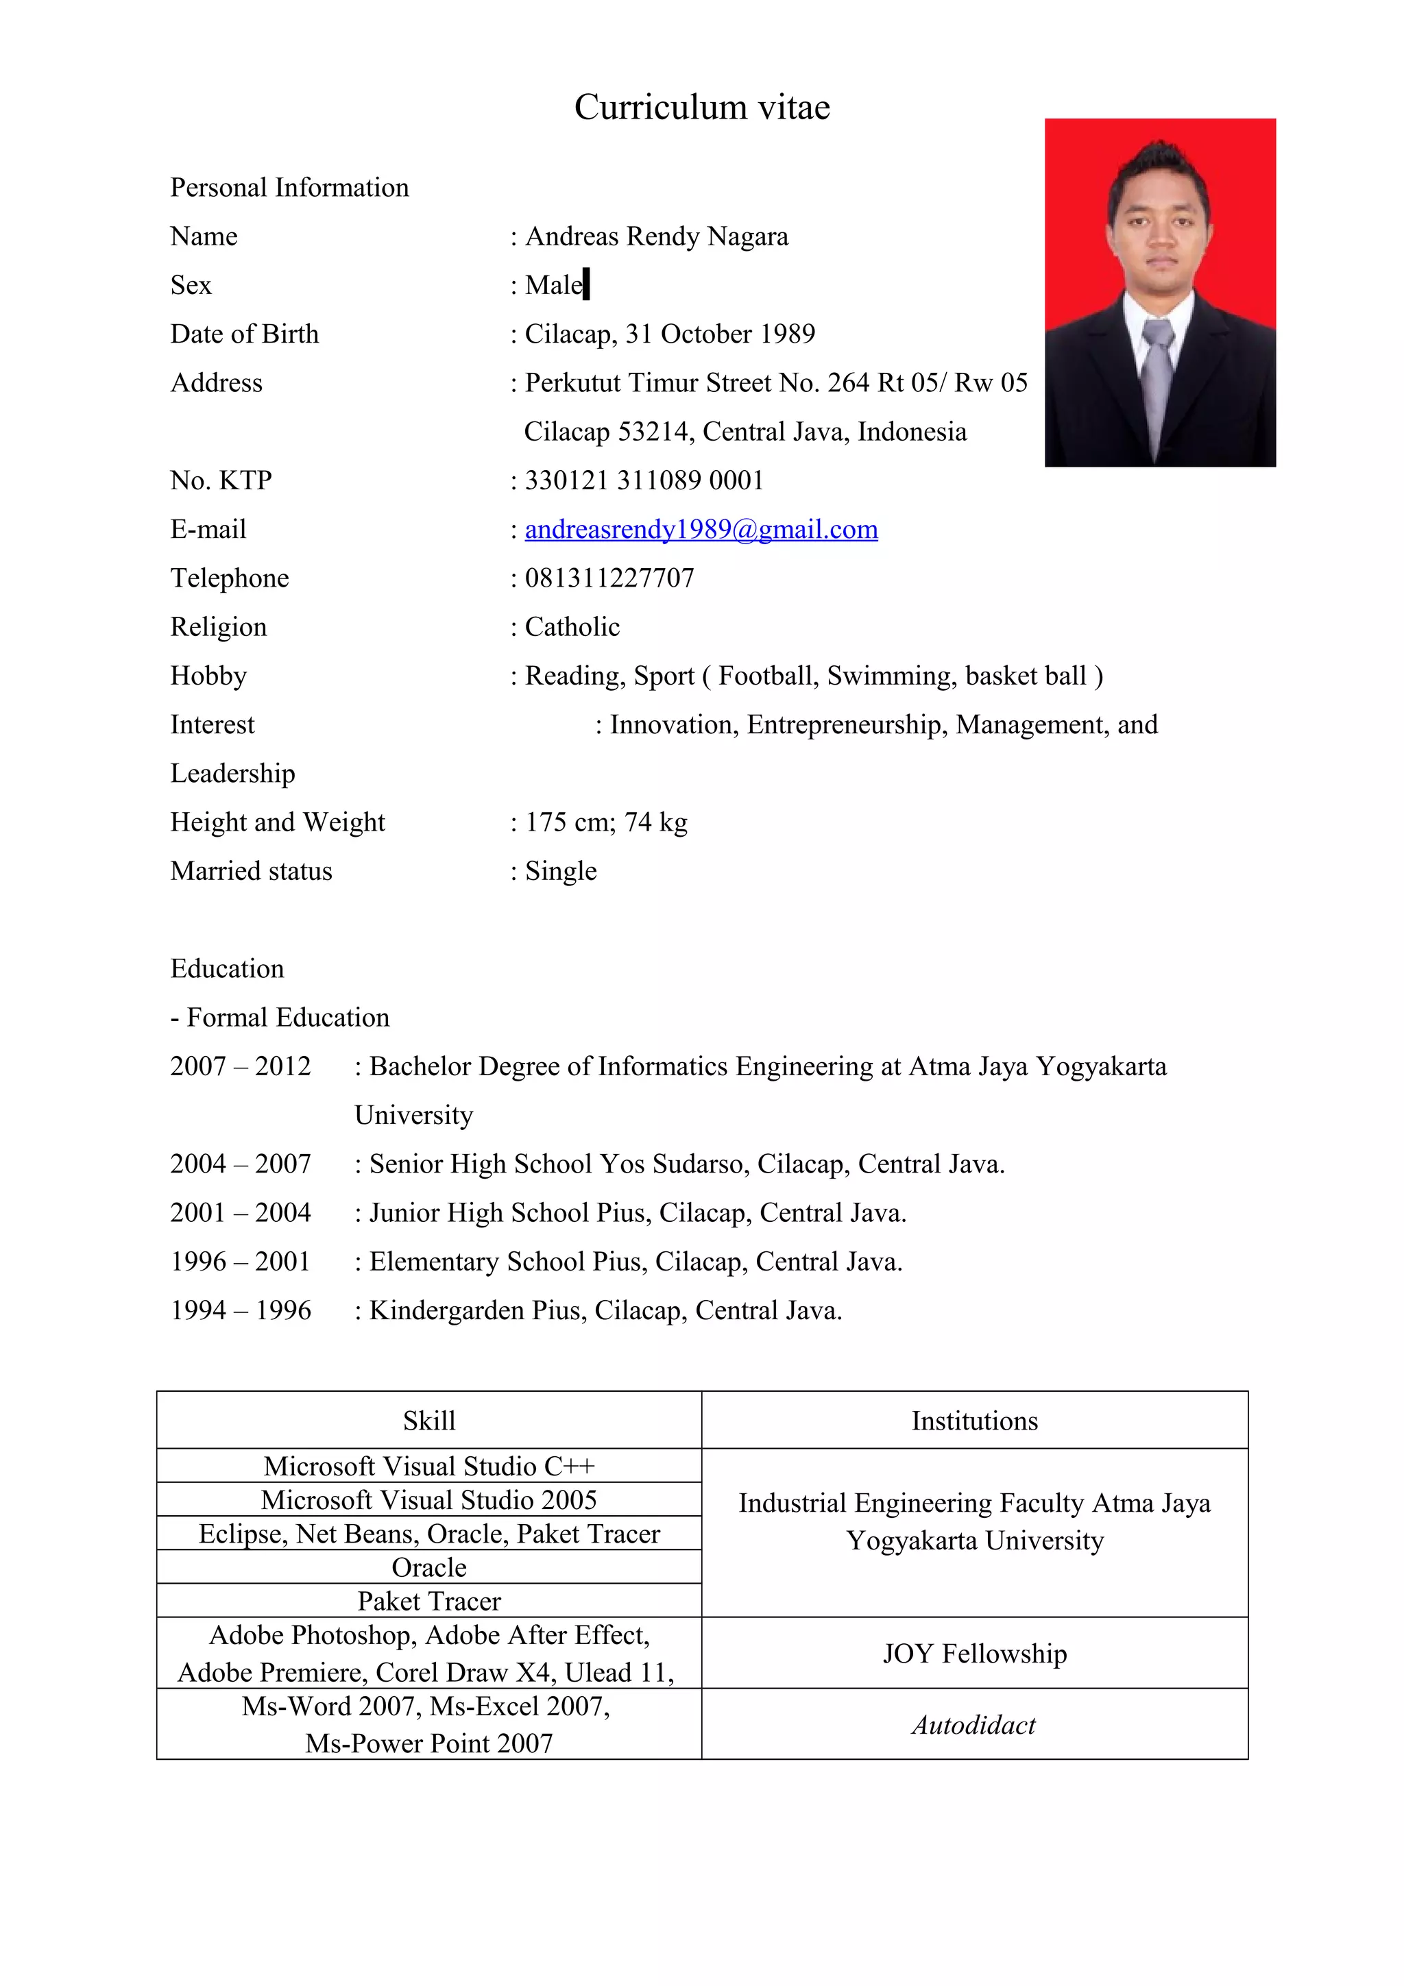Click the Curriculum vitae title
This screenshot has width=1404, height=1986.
point(701,108)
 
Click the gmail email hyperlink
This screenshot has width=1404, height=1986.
point(701,529)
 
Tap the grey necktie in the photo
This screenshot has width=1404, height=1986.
point(1157,373)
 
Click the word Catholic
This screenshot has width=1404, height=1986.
point(572,627)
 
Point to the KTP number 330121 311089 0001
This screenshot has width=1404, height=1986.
point(644,480)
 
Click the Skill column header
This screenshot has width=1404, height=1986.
point(429,1421)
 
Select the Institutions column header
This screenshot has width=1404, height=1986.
point(974,1421)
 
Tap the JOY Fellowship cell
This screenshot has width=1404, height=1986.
point(974,1653)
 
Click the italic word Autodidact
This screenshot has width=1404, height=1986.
point(973,1725)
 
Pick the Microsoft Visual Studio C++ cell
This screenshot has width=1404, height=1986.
point(429,1466)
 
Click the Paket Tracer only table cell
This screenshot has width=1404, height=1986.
point(429,1601)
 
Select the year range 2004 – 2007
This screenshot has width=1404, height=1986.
point(241,1164)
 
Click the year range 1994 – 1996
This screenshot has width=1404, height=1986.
point(241,1310)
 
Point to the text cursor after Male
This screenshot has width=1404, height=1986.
point(587,284)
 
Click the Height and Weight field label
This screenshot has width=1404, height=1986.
point(278,822)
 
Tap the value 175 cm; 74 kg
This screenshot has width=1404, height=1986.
point(605,822)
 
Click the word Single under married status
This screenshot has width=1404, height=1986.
point(561,871)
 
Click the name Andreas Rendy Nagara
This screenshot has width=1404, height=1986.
point(657,236)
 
